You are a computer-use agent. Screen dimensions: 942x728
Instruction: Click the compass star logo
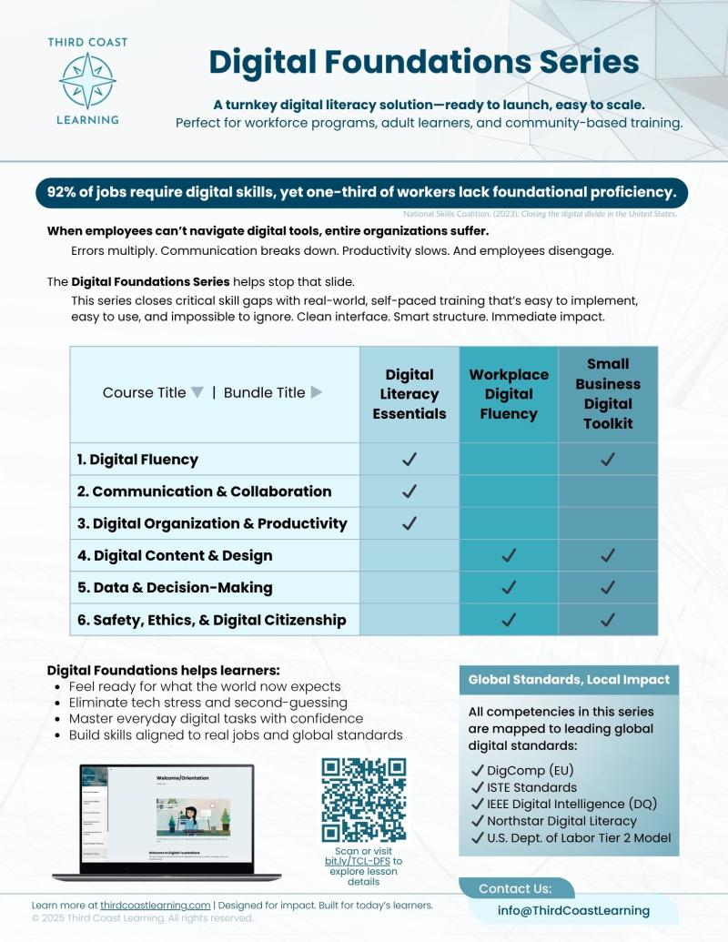pos(87,80)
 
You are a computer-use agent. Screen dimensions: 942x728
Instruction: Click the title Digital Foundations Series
pos(424,61)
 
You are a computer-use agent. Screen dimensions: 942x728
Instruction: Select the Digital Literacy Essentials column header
pos(409,394)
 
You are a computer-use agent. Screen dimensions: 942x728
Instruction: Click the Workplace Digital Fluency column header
pos(509,394)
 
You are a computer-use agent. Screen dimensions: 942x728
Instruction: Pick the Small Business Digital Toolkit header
pos(608,394)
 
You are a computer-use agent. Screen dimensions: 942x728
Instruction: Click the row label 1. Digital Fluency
pos(137,460)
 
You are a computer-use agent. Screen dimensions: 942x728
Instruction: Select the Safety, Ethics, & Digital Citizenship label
pos(212,620)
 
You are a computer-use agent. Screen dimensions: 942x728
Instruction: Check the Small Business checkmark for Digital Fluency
pos(608,460)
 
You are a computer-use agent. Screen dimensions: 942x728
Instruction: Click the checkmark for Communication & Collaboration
pos(409,491)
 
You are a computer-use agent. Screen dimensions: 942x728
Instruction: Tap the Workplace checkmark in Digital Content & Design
pos(509,555)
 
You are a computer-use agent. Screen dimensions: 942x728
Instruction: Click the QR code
pos(364,800)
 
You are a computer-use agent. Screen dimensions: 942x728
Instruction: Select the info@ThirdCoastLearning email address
pos(573,910)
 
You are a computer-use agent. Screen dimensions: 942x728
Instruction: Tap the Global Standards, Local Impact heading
pos(569,680)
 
